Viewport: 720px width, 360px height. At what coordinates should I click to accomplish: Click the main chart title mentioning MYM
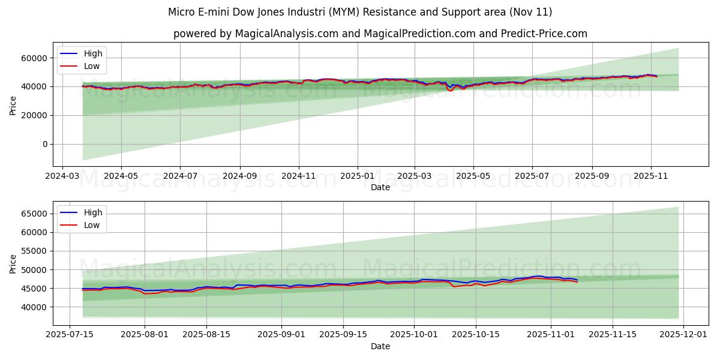[x=360, y=12]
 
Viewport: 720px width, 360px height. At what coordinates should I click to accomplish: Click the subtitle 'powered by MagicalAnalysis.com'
[x=380, y=34]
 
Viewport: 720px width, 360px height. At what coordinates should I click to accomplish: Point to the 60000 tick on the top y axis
[x=35, y=58]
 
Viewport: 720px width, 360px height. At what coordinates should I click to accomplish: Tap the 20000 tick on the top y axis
[x=35, y=115]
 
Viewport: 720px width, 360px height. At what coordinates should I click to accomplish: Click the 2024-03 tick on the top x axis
[x=63, y=178]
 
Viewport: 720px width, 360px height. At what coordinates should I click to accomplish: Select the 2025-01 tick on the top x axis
[x=358, y=178]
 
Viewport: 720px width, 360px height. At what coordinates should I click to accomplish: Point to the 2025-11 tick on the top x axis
[x=650, y=178]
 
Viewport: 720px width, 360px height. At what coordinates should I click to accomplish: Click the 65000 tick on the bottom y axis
[x=35, y=214]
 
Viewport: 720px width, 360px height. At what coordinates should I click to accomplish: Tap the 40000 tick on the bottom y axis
[x=35, y=307]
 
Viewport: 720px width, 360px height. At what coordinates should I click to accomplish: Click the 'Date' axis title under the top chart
[x=380, y=188]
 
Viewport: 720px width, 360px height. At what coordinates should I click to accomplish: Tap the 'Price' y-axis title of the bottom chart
[x=13, y=263]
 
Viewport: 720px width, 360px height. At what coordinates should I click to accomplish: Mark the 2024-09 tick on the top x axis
[x=239, y=178]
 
